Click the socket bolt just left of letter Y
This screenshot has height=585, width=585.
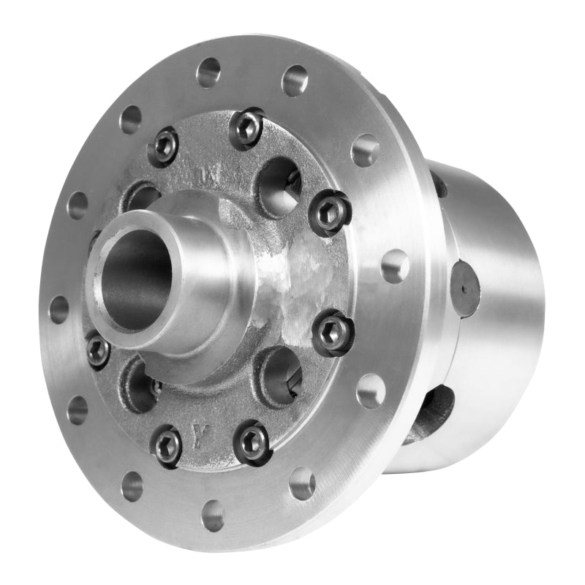pyautogui.click(x=167, y=444)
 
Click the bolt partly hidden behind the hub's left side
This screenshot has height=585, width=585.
pyautogui.click(x=98, y=349)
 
